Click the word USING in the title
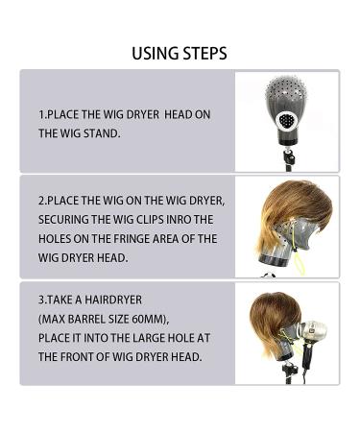156,53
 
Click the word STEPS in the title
204,53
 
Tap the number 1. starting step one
42,115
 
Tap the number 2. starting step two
42,201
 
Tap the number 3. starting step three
42,300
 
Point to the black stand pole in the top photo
287,157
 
